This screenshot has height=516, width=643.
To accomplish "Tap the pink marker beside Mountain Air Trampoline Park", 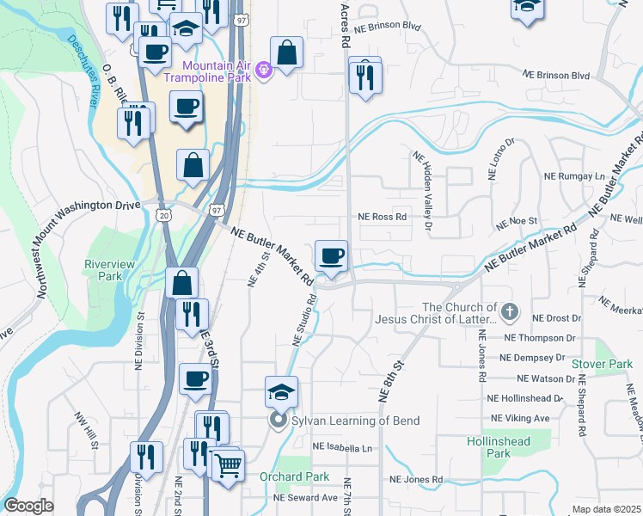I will pos(264,70).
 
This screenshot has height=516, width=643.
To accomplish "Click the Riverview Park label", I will pos(104,270).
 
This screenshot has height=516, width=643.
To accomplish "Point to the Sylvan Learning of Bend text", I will pos(354,421).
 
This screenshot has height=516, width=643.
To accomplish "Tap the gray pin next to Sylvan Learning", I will pos(277,421).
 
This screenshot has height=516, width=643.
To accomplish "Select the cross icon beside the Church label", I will pos(510,310).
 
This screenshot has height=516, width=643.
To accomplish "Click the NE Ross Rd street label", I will pos(382,218).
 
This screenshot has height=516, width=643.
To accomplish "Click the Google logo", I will pos(29,506).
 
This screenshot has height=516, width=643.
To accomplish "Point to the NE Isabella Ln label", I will pos(342,448).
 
